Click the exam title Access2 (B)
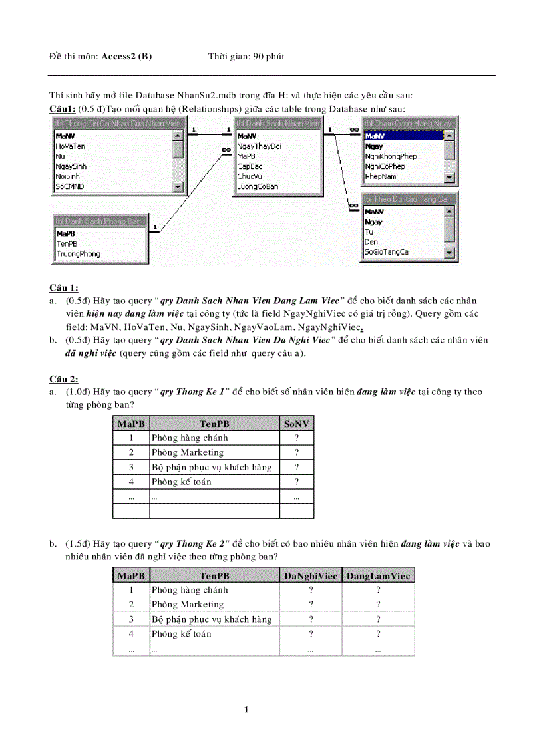pos(126,57)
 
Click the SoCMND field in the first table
pos(70,187)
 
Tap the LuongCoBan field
pos(258,187)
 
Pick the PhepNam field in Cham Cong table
pos(381,176)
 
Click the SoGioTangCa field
pos(387,252)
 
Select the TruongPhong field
pos(78,254)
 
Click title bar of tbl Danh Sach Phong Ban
pos(98,220)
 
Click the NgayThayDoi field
pos(259,146)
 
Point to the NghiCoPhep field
pos(385,166)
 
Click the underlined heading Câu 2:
pos(64,379)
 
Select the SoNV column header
pos(296,424)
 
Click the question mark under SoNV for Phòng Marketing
pos(296,453)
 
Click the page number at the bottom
pos(246,710)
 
